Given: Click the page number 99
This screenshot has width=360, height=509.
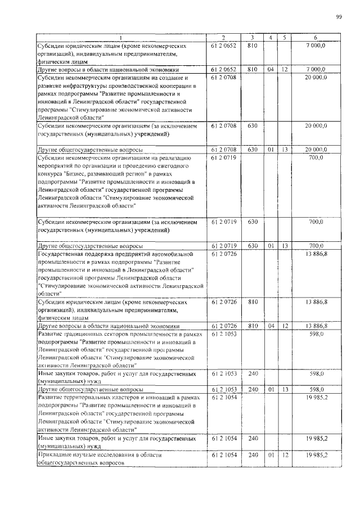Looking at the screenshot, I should click(339, 17).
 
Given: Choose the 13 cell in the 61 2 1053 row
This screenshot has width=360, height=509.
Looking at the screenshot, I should click(285, 389).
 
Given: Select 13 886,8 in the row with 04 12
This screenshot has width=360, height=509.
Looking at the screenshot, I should click(317, 325).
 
